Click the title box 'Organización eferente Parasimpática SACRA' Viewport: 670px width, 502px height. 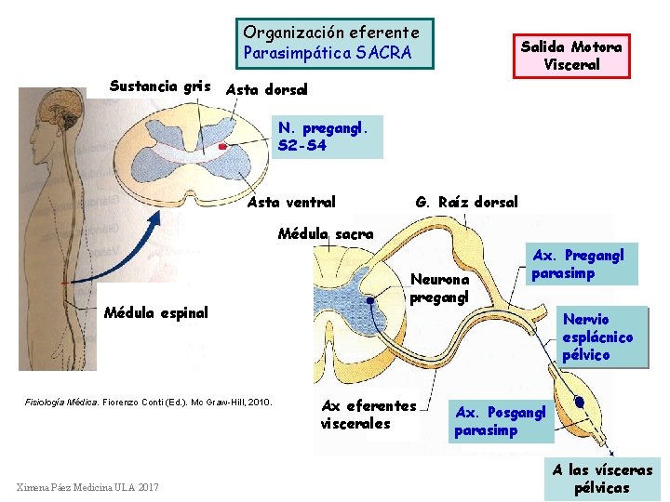tap(334, 44)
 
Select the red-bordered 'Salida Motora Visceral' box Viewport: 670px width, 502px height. tap(571, 56)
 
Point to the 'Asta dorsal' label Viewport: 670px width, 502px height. tap(266, 90)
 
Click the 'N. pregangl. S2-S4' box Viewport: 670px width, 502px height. tap(329, 137)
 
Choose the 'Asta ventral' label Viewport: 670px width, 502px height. tap(292, 202)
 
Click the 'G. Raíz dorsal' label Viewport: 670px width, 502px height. tap(466, 202)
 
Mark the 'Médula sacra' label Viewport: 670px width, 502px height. tap(326, 233)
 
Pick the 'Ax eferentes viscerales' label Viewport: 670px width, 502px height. tap(368, 415)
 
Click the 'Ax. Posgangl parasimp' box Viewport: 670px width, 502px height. tap(502, 420)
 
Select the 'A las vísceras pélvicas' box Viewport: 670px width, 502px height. tap(602, 479)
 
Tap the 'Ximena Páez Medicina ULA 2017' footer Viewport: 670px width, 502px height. tap(88, 487)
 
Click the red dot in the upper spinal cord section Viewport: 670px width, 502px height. tap(222, 147)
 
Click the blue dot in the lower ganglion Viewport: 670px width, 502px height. tap(579, 402)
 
